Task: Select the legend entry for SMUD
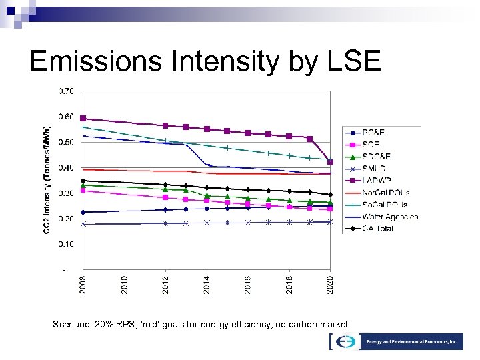pyautogui.click(x=374, y=169)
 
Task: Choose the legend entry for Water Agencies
pyautogui.click(x=390, y=217)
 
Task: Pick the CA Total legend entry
pyautogui.click(x=378, y=229)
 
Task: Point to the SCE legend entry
pyautogui.click(x=371, y=145)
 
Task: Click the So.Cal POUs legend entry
pyautogui.click(x=385, y=205)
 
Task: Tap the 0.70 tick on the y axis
pyautogui.click(x=66, y=91)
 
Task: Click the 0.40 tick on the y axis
pyautogui.click(x=66, y=167)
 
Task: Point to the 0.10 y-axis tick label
pyautogui.click(x=66, y=244)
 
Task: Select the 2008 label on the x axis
pyautogui.click(x=83, y=283)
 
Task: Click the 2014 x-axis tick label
pyautogui.click(x=207, y=283)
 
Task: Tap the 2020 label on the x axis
pyautogui.click(x=331, y=283)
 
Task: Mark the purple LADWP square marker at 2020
pyautogui.click(x=331, y=161)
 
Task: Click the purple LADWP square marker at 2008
pyautogui.click(x=83, y=118)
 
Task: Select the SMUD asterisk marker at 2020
pyautogui.click(x=331, y=221)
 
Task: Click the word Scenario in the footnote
pyautogui.click(x=72, y=324)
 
